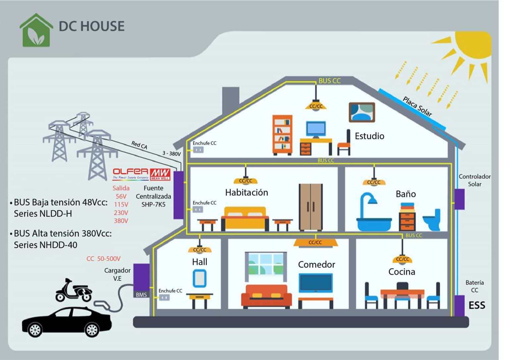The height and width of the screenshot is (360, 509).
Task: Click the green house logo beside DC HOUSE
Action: point(36,30)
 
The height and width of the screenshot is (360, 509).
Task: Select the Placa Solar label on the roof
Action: point(417,106)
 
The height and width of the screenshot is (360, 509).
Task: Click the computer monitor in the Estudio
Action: point(316,129)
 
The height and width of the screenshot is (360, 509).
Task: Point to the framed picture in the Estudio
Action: point(362,112)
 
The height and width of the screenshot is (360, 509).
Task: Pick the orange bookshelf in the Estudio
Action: point(282,135)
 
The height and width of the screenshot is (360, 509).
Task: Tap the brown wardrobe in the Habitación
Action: point(311,207)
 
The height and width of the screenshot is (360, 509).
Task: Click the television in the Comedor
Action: point(315,283)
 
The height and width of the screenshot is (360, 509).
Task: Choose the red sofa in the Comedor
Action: point(266,295)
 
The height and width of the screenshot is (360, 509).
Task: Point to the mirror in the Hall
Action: point(199,278)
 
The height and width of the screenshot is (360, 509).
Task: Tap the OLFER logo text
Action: point(131,171)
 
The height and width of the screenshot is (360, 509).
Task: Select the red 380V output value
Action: point(121,221)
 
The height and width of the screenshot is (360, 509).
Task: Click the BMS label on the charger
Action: point(141,295)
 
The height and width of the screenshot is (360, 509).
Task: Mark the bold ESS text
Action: point(477,305)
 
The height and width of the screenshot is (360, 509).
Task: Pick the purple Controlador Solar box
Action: point(459,199)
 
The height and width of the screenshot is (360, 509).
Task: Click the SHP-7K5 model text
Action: point(153,205)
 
